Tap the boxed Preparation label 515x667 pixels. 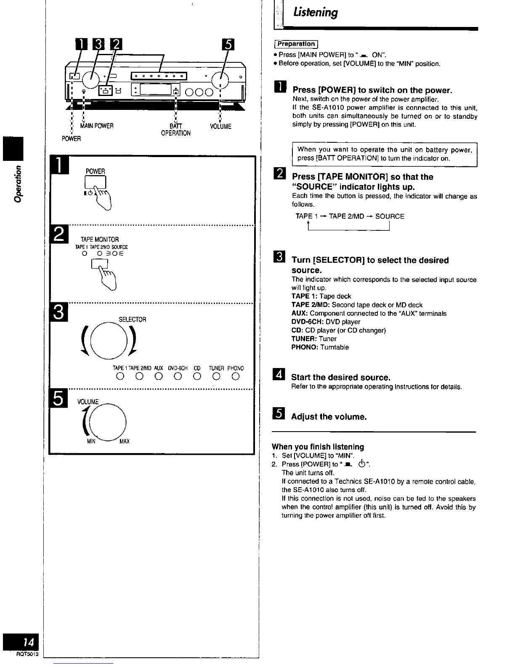[x=296, y=44]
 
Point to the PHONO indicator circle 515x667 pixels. [x=235, y=376]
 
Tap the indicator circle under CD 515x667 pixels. [x=196, y=376]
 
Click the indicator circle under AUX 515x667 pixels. [x=158, y=376]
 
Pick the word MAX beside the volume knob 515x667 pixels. [x=125, y=441]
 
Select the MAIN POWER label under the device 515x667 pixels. [x=97, y=126]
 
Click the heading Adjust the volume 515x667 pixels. [x=329, y=417]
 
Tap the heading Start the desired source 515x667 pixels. [x=340, y=377]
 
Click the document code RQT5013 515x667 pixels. [x=27, y=654]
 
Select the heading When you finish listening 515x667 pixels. [x=318, y=447]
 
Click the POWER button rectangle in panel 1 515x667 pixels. [x=96, y=181]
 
